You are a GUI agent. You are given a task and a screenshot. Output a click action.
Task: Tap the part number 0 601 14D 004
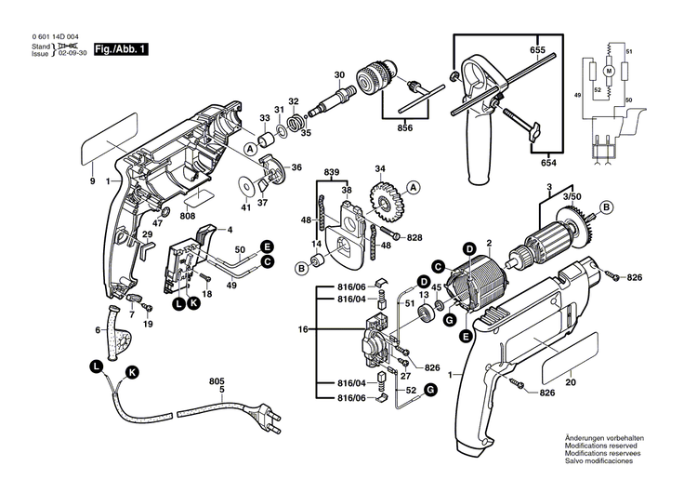56,36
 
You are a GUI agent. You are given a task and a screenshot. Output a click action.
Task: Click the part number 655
538,48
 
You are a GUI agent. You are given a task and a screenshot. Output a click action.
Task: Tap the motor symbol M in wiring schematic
610,71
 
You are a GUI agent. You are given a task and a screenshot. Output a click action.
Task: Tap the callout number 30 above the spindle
339,73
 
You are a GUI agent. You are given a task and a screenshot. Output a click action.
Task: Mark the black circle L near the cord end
96,367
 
